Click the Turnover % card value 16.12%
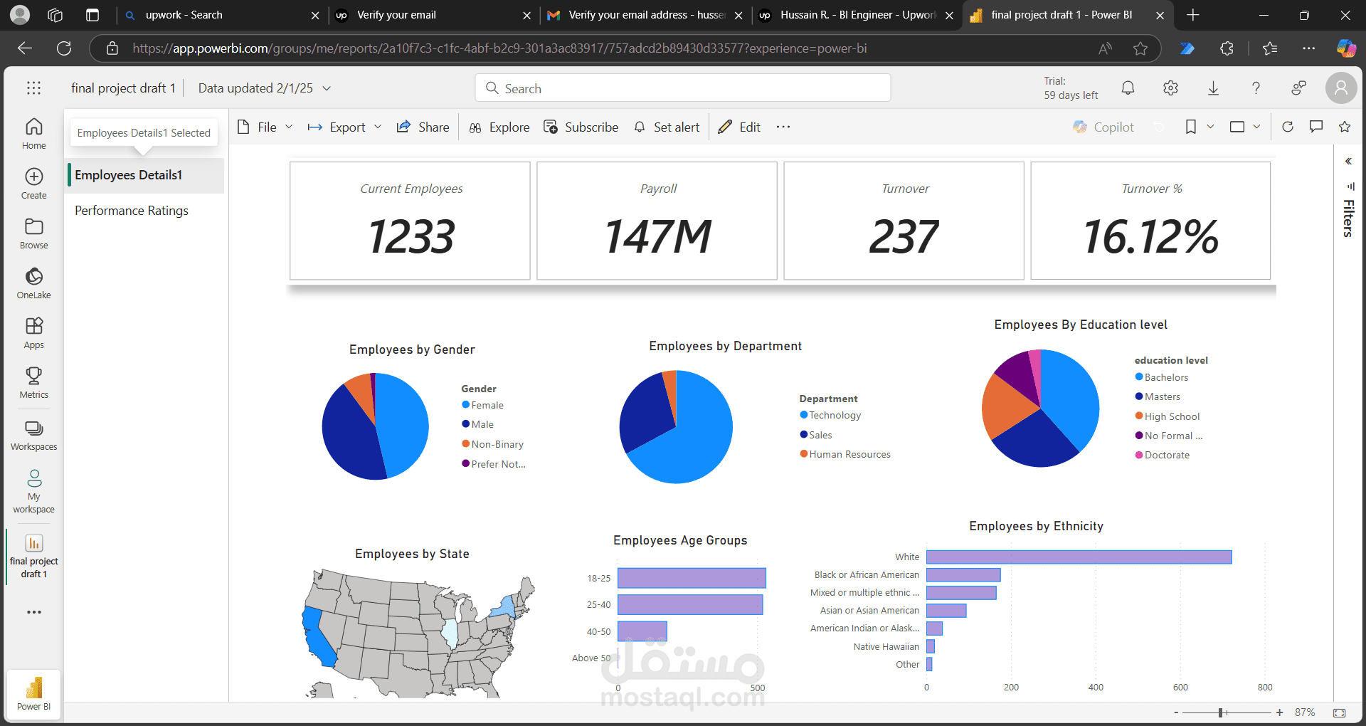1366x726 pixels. coord(1150,236)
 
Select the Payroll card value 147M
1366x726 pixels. coord(658,236)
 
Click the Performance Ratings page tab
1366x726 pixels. coord(132,211)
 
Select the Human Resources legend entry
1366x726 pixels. coord(845,454)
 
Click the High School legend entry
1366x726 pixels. coord(1168,416)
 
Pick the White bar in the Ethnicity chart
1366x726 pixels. coord(1079,557)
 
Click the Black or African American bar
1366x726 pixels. coord(963,574)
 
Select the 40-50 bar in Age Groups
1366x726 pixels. coord(642,631)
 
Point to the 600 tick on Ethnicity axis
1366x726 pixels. coord(1180,688)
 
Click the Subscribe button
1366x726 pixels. coord(581,127)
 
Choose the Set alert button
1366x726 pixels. coord(667,127)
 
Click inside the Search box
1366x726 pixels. coord(683,88)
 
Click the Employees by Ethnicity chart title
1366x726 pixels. coord(1036,526)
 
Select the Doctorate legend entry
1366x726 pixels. coord(1163,455)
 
